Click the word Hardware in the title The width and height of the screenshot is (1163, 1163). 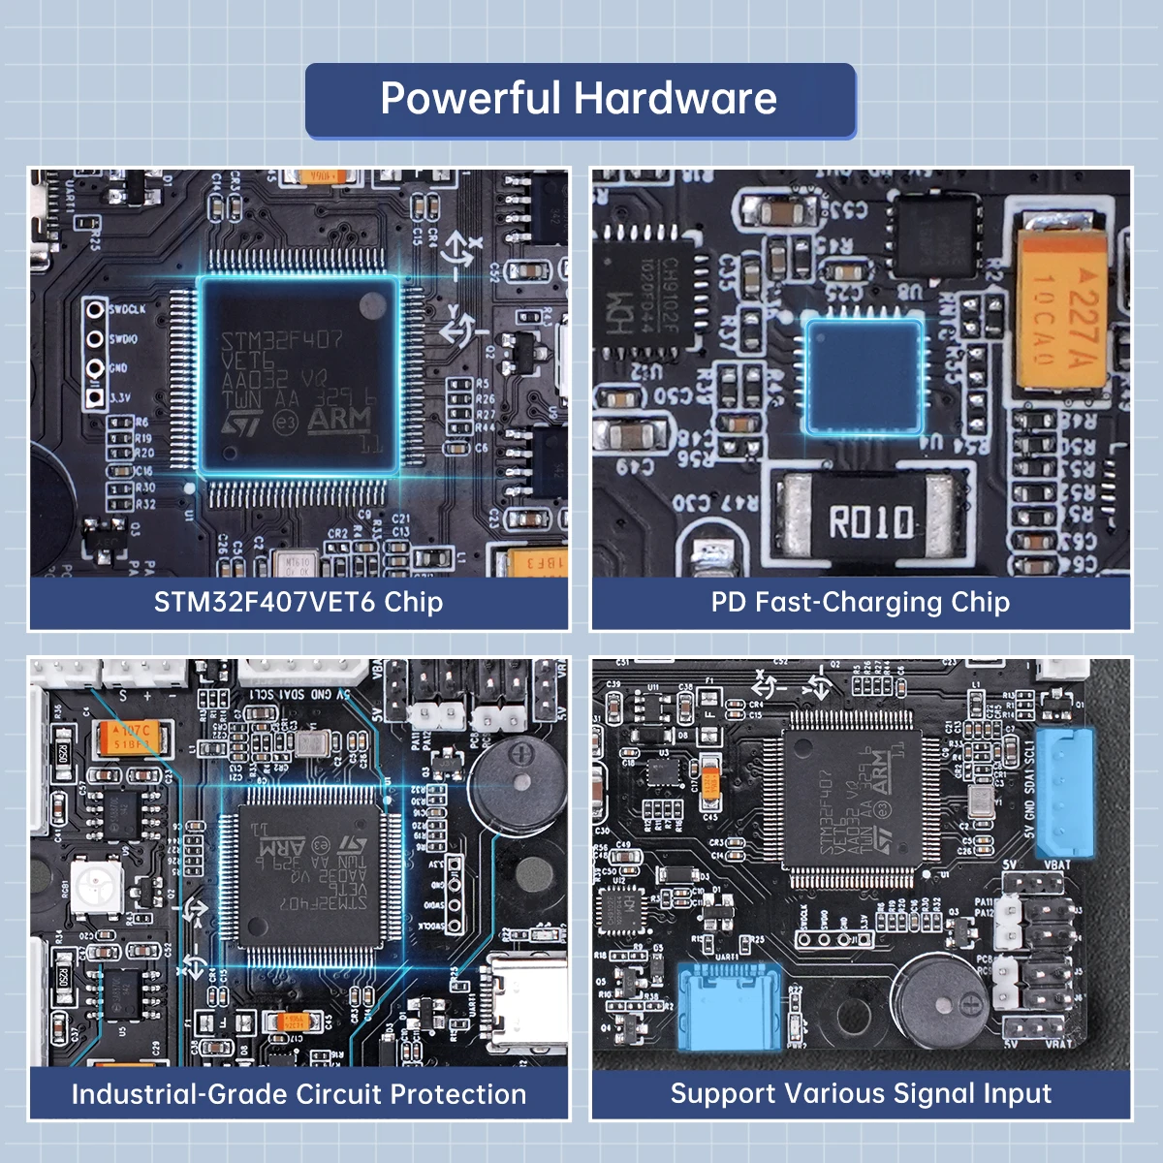[676, 98]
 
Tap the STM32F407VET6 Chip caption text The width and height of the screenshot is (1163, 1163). [299, 602]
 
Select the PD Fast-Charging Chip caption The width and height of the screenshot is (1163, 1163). [861, 602]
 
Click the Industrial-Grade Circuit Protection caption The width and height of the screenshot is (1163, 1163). [299, 1094]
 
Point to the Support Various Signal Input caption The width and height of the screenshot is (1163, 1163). [861, 1093]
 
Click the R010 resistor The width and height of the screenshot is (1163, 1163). [870, 520]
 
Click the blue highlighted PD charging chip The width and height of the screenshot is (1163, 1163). [863, 372]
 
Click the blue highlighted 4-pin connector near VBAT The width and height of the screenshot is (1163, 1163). [1064, 791]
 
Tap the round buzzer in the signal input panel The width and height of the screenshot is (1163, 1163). [939, 997]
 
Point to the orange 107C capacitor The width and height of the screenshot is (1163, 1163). [132, 737]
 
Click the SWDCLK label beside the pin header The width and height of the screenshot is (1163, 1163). [128, 310]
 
